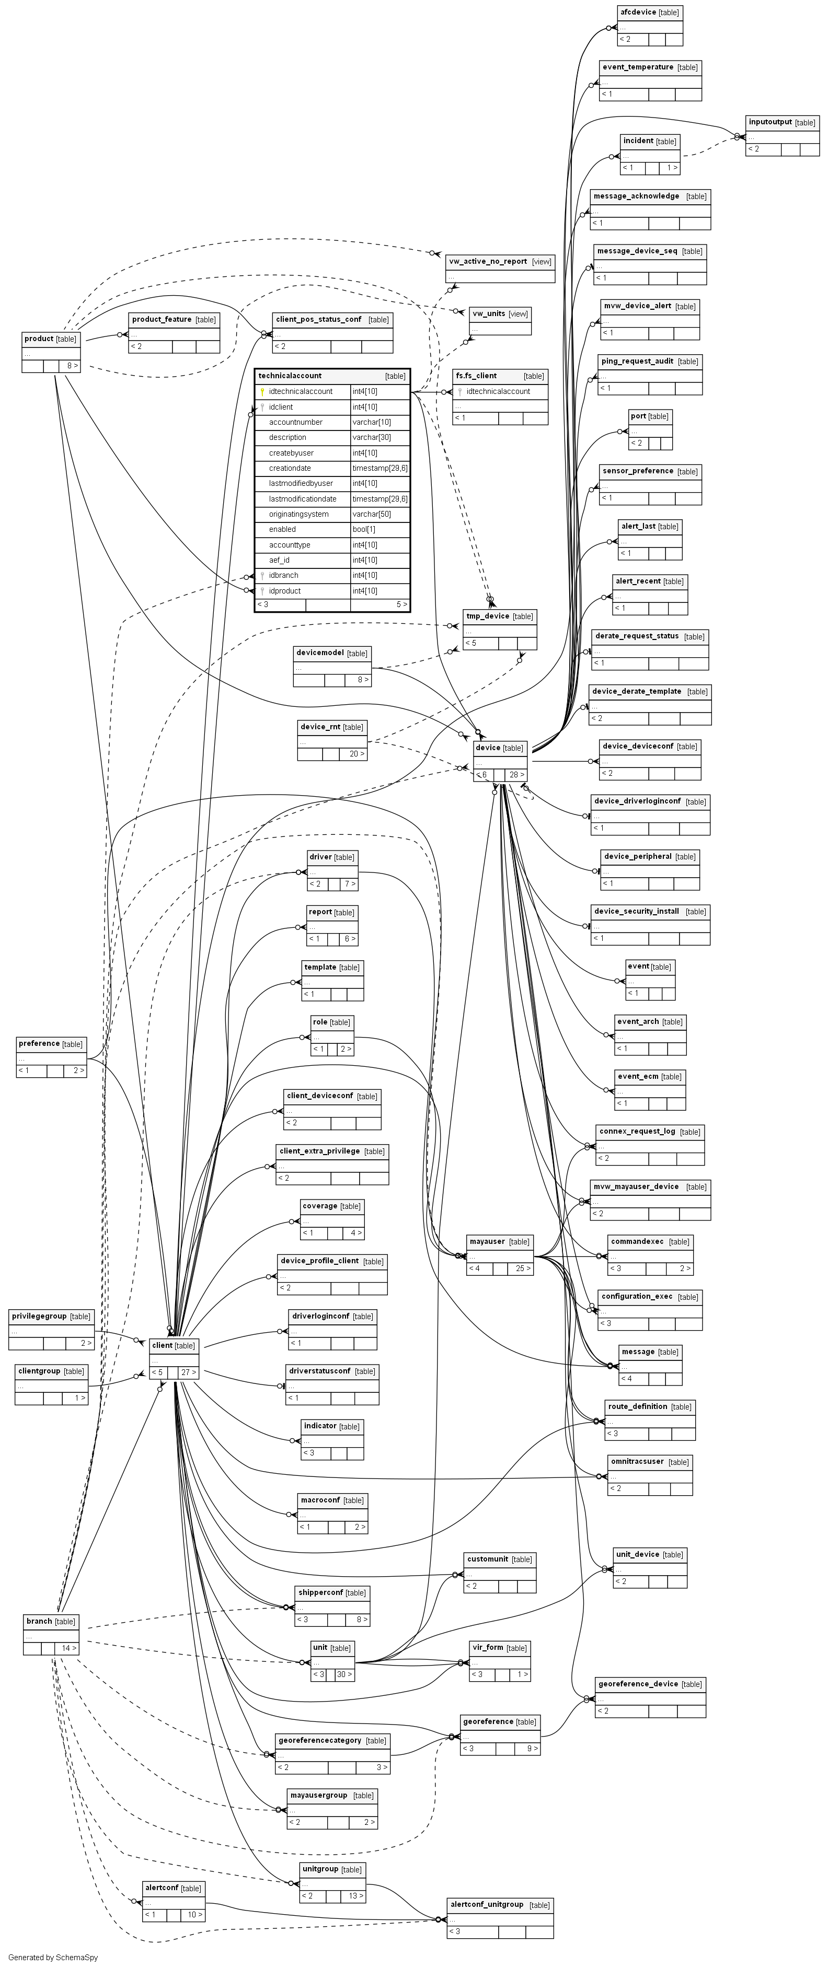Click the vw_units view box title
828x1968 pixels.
[x=488, y=313]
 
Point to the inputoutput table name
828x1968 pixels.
[x=770, y=122]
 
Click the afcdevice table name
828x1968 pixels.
[x=638, y=12]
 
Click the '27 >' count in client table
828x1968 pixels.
[x=187, y=1372]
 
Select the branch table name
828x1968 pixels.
[x=39, y=1621]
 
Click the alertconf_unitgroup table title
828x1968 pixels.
[x=486, y=1905]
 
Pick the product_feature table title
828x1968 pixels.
[x=162, y=319]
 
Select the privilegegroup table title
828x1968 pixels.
[x=39, y=1317]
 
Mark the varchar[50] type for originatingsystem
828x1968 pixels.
[x=371, y=514]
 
